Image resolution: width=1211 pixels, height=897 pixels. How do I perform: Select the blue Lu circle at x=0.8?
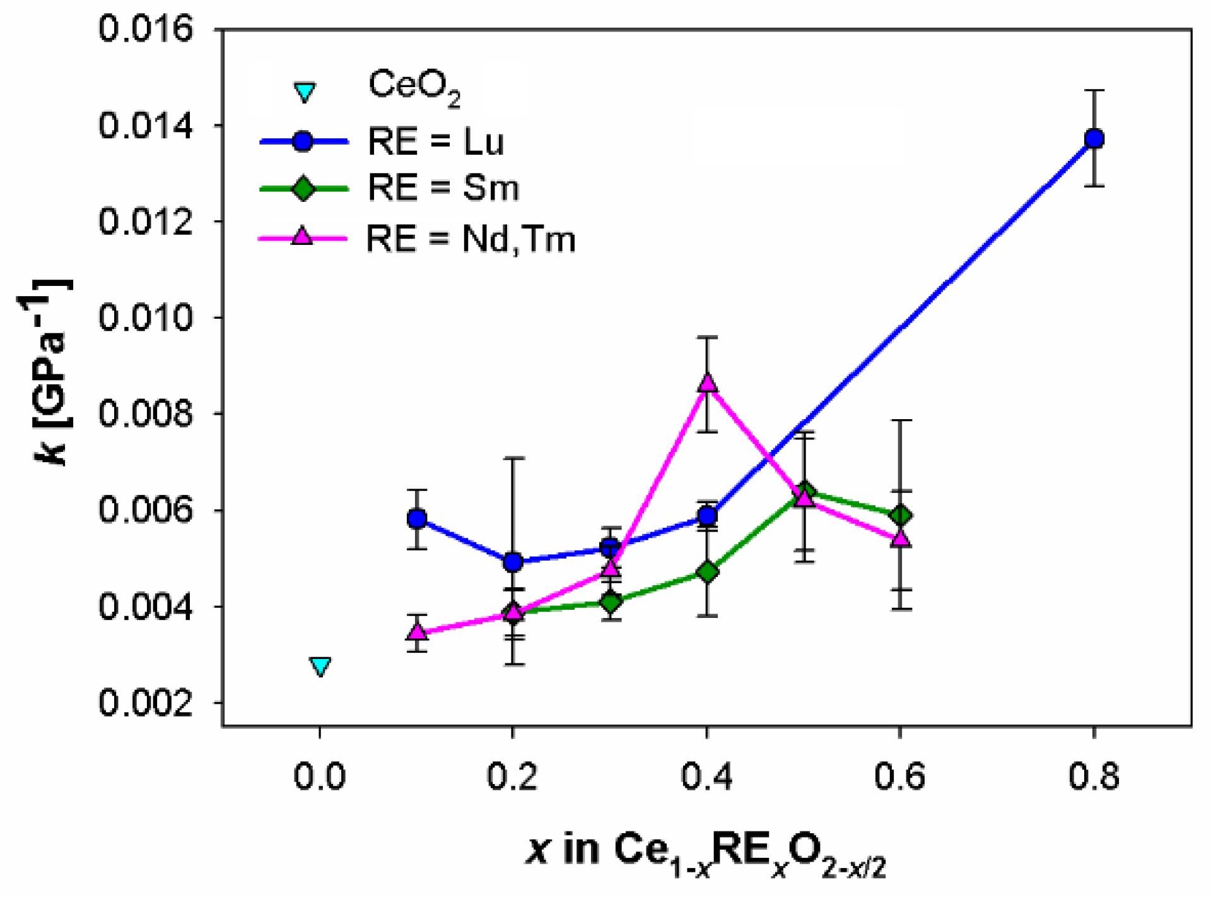click(1094, 138)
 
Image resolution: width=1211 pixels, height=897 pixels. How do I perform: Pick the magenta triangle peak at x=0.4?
click(708, 383)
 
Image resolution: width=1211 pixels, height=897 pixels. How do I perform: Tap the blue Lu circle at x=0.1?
click(417, 519)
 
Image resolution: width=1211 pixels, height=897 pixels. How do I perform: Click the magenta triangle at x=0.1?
click(417, 631)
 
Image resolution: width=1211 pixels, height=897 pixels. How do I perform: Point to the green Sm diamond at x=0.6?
click(901, 515)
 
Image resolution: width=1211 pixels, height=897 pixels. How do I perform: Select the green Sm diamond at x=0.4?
click(708, 572)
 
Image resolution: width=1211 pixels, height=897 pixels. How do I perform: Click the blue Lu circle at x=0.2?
click(513, 561)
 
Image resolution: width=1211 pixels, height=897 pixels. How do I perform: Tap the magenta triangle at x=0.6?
click(901, 538)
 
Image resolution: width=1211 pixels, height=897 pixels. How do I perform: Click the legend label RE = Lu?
click(436, 141)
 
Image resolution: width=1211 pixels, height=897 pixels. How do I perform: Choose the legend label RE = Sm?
click(443, 188)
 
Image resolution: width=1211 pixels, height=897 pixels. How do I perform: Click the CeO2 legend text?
click(414, 86)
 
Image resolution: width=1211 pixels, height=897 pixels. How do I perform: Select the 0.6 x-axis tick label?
click(900, 776)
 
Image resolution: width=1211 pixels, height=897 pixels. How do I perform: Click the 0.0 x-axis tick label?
click(320, 776)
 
